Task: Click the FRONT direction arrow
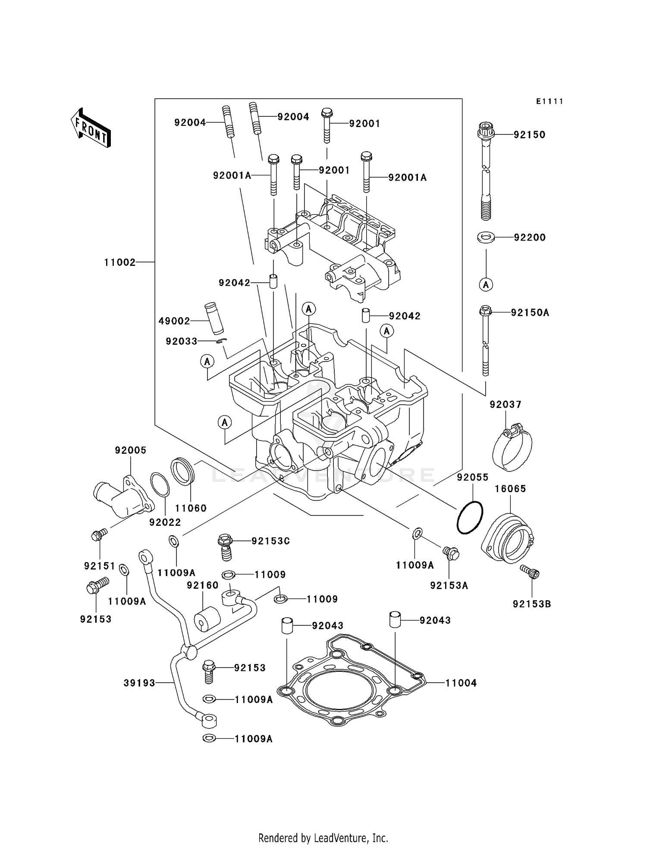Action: pyautogui.click(x=91, y=128)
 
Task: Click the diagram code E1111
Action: pyautogui.click(x=550, y=101)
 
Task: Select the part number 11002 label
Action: pyautogui.click(x=119, y=262)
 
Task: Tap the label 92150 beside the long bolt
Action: pyautogui.click(x=529, y=134)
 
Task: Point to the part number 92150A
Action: pyautogui.click(x=530, y=312)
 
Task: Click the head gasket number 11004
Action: pyautogui.click(x=461, y=683)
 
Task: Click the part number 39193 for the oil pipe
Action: pyautogui.click(x=139, y=683)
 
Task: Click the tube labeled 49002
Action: pyautogui.click(x=214, y=318)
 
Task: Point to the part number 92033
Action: pyautogui.click(x=181, y=341)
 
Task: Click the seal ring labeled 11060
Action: pyautogui.click(x=184, y=472)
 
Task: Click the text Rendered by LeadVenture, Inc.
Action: pyautogui.click(x=323, y=838)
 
